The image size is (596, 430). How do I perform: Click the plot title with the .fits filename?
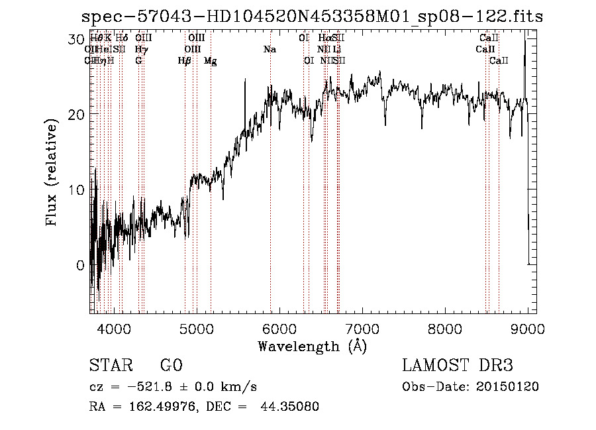coord(311,17)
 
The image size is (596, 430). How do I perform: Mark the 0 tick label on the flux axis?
coord(80,265)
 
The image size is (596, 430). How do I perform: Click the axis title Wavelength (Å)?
coord(312,346)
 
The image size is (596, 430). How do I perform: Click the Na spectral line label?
coord(270,50)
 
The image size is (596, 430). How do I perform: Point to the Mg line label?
coord(210,61)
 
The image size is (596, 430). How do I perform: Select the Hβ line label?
coord(185,61)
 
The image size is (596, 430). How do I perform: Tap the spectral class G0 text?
coord(171,365)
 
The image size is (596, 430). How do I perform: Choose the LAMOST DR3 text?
coord(458,365)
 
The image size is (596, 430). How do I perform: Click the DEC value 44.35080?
coord(291,407)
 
